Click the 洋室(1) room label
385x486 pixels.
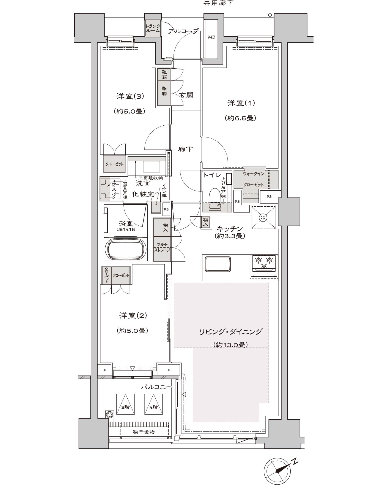(x=241, y=103)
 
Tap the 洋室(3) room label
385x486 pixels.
(x=130, y=96)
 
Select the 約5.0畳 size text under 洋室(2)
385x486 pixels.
(x=132, y=330)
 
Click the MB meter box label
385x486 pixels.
(x=211, y=37)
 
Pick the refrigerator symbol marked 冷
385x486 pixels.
(x=263, y=217)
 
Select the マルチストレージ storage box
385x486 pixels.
(x=162, y=249)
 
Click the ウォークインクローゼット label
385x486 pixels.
(x=253, y=179)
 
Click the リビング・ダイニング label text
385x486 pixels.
(x=230, y=332)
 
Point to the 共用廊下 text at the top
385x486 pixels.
(x=219, y=3)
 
